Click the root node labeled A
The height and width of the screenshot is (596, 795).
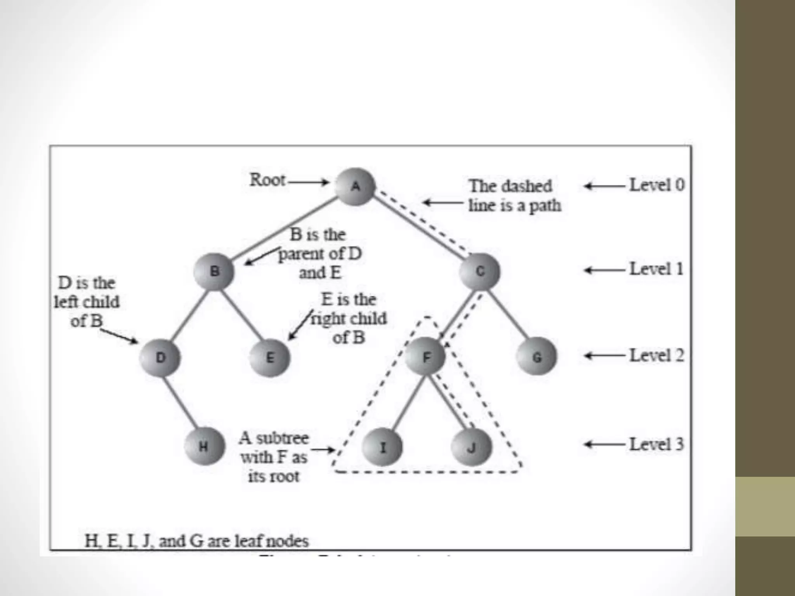(355, 187)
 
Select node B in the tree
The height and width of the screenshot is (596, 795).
(214, 271)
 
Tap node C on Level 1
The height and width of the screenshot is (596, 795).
(480, 271)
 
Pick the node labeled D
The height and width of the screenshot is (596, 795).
(160, 357)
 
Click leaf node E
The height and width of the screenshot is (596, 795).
(270, 357)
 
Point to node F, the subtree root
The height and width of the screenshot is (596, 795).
(426, 357)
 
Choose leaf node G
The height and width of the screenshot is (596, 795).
(537, 357)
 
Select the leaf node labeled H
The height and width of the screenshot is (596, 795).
(204, 447)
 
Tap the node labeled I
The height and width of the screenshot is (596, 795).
(382, 447)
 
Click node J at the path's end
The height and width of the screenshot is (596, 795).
(471, 447)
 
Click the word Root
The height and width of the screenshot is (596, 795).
(267, 180)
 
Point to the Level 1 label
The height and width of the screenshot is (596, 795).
(656, 269)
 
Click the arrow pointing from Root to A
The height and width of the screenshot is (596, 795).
(308, 182)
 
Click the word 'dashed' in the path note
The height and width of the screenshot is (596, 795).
(529, 186)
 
